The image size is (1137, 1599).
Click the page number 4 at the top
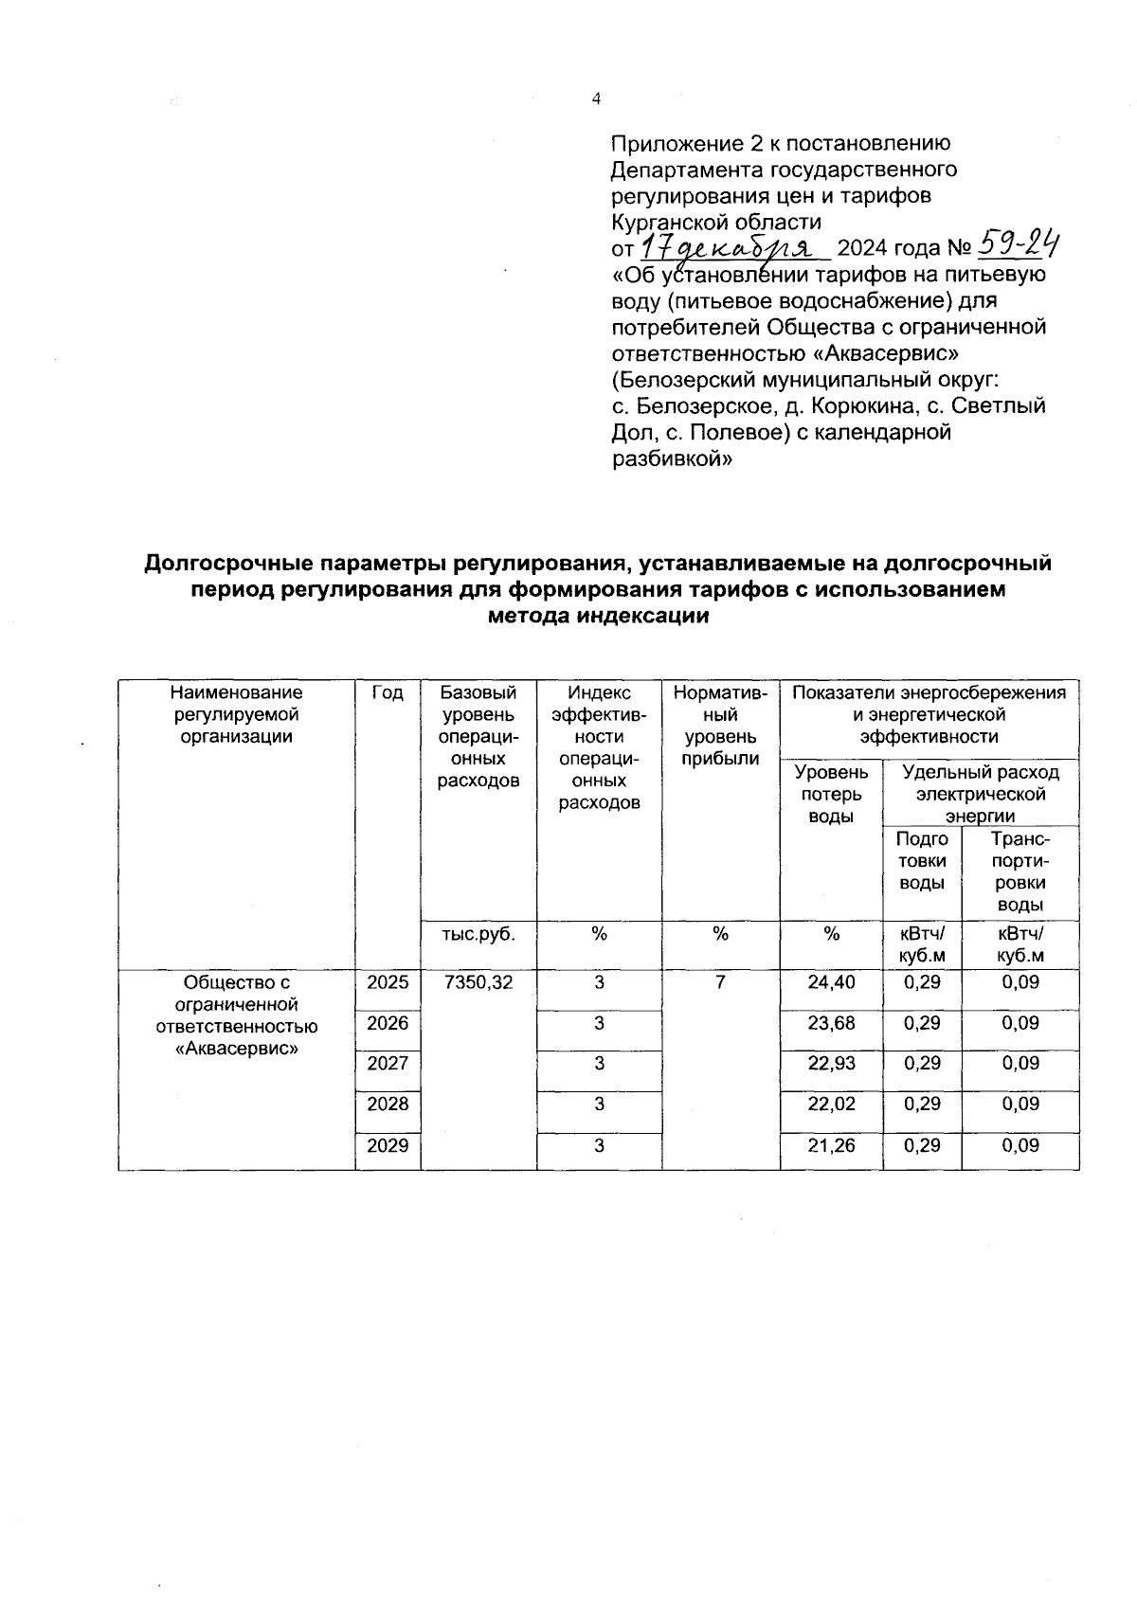[595, 99]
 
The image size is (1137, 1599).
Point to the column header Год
[388, 693]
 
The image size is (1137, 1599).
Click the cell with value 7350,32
[478, 982]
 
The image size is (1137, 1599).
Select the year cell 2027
[388, 1064]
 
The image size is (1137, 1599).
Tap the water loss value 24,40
[831, 982]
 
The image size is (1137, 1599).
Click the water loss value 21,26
[831, 1145]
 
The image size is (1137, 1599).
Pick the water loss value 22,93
[831, 1064]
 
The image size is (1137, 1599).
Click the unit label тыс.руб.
[478, 934]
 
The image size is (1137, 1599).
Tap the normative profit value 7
[720, 982]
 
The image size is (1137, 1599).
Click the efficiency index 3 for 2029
[599, 1145]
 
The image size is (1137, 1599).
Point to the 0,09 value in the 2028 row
[1020, 1104]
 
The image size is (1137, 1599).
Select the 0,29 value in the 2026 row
[922, 1023]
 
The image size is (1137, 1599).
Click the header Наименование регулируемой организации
[237, 714]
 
